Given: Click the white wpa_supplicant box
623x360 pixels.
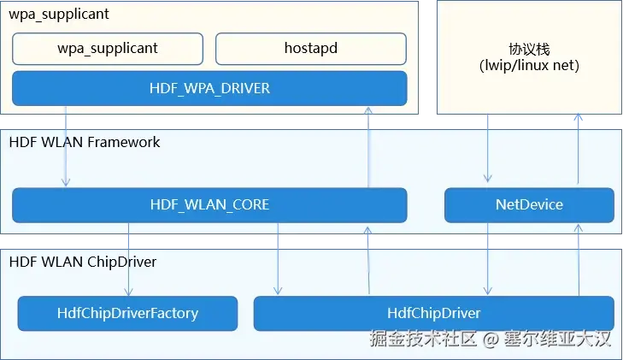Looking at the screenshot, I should (x=108, y=49).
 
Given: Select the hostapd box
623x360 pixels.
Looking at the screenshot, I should (x=310, y=49).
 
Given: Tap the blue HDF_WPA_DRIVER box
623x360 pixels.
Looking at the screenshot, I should (x=209, y=87).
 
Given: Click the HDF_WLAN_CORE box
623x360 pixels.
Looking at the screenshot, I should (x=209, y=204).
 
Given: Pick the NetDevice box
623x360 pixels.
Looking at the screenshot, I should (x=529, y=204).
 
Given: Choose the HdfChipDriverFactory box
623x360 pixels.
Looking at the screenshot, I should (x=127, y=313).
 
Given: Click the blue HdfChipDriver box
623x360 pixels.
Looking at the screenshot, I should (x=433, y=313).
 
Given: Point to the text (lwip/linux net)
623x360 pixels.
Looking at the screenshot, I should (x=530, y=65).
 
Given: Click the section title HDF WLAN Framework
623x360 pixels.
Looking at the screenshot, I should (x=85, y=142).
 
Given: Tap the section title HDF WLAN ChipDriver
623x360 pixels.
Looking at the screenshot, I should (x=83, y=262).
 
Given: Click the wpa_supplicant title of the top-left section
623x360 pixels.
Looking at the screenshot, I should (x=59, y=15).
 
